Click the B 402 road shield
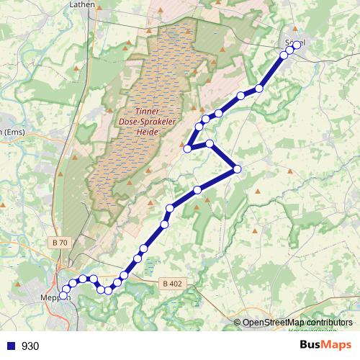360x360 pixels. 172,283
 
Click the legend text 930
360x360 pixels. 30,346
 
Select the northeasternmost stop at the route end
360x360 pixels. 296,45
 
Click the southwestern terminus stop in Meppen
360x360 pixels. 63,295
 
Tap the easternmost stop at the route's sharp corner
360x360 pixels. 237,169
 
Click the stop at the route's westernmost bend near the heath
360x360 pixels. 187,148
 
